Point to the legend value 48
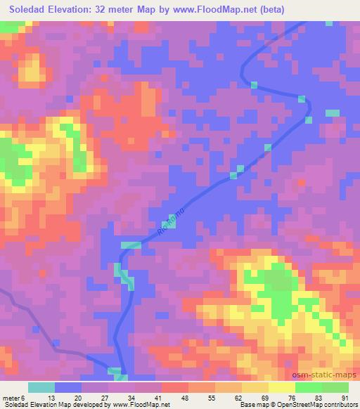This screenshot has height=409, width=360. coord(184,398)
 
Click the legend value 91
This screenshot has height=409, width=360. coord(344,398)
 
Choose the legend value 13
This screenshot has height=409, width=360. coord(50,398)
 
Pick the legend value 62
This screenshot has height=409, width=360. coord(237,398)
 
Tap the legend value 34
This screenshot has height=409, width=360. coord(130,398)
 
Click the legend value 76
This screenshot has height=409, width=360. coord(290,398)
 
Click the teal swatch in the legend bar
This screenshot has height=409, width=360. coord(41,387)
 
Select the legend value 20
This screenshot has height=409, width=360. coord(77,398)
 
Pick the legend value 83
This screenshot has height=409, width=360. coord(317,398)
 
